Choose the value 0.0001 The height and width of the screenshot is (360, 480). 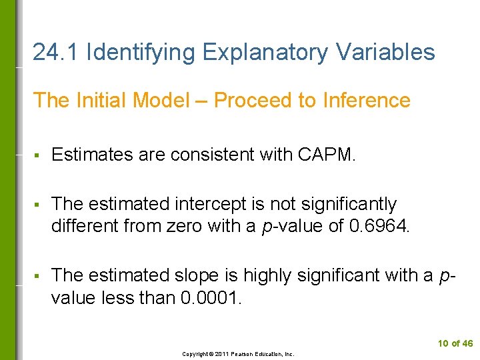(x=211, y=297)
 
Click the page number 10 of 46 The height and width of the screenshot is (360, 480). (x=455, y=343)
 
